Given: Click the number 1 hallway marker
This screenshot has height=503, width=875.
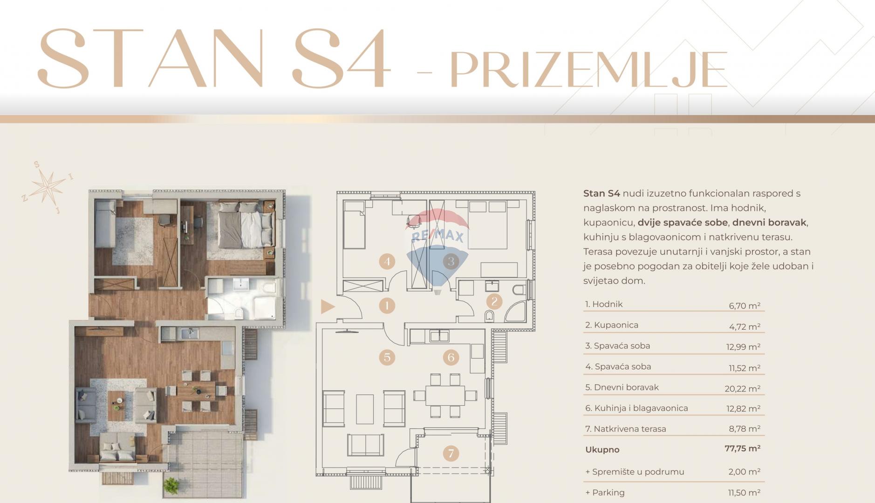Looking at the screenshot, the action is tap(387, 306).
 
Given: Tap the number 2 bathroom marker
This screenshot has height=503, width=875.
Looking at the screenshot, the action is tap(494, 302).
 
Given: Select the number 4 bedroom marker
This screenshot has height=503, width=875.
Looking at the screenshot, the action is tap(387, 261).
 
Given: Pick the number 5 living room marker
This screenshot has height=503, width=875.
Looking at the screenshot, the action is tap(387, 357).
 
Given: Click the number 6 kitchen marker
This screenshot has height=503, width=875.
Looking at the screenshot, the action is tap(451, 357).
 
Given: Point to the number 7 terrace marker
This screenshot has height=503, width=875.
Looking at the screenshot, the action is tap(451, 453).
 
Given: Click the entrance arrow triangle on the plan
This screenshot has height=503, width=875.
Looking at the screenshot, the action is tap(328, 306).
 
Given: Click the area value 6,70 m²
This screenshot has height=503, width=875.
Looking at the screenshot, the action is tap(745, 306).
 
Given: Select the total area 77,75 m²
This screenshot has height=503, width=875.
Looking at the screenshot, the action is tap(743, 449).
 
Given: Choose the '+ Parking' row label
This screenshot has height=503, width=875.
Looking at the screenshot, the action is tap(605, 493).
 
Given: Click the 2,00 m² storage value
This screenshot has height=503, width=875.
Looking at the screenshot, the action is tap(745, 472).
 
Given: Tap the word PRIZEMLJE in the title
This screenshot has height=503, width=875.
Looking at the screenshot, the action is tap(588, 70).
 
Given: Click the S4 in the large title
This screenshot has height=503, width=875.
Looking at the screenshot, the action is tap(341, 58).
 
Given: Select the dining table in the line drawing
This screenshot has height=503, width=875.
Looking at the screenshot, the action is tap(444, 395).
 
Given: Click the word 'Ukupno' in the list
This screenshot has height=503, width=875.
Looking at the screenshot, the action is tap(602, 450).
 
